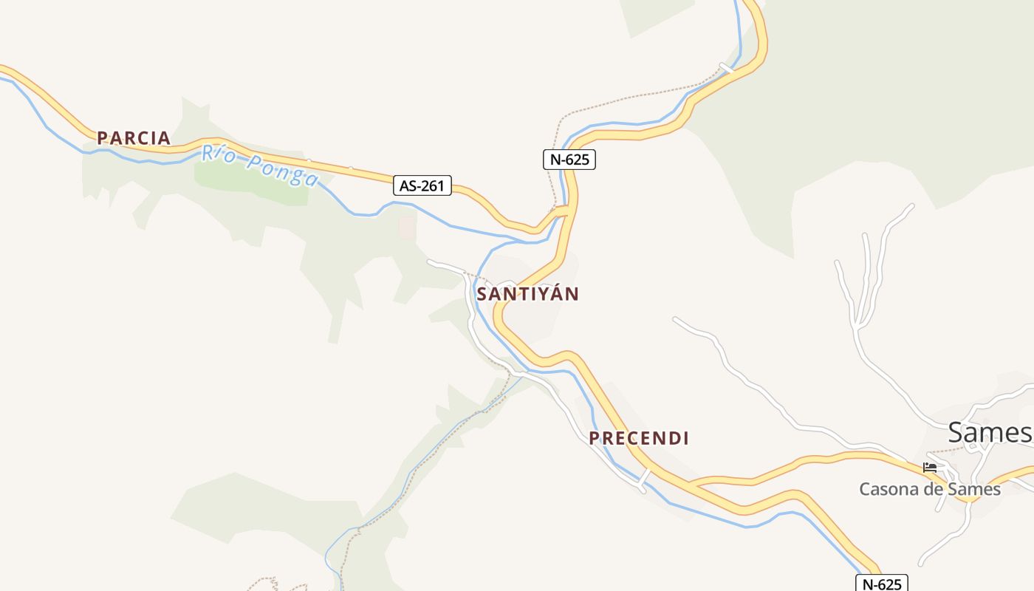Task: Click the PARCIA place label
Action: click(134, 138)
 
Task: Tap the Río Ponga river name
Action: click(260, 166)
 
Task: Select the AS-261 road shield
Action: click(422, 185)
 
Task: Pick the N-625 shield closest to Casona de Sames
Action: click(881, 584)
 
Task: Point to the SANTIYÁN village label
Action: click(527, 294)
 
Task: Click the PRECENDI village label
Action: click(639, 438)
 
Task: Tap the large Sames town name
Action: click(989, 433)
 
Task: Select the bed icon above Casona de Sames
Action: click(930, 468)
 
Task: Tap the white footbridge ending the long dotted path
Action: click(727, 68)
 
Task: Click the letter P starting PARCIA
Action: click(103, 138)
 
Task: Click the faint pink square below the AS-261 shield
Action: click(407, 228)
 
